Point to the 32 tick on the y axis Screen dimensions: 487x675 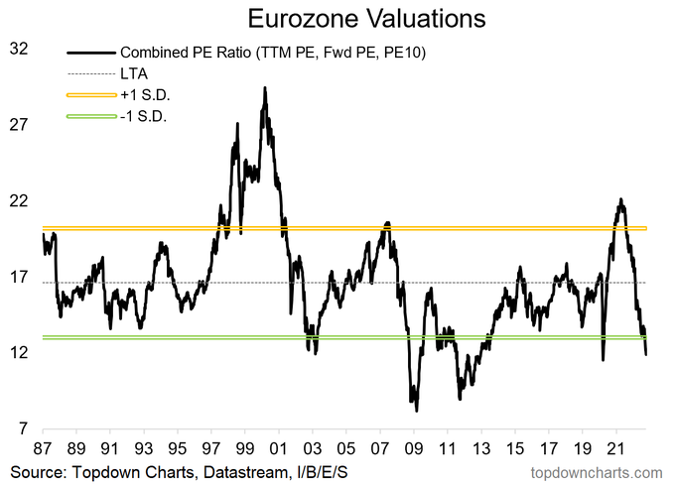pyautogui.click(x=18, y=48)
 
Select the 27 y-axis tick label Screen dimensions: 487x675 pyautogui.click(x=18, y=125)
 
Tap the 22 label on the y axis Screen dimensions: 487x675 pyautogui.click(x=18, y=201)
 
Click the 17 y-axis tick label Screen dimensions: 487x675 pyautogui.click(x=18, y=278)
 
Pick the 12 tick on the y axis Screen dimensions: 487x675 pyautogui.click(x=18, y=354)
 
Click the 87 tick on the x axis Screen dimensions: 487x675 pyautogui.click(x=43, y=446)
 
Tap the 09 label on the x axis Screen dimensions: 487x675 pyautogui.click(x=413, y=446)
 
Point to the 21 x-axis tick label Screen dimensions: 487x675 pyautogui.click(x=615, y=446)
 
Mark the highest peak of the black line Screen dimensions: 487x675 pyautogui.click(x=264, y=87)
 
